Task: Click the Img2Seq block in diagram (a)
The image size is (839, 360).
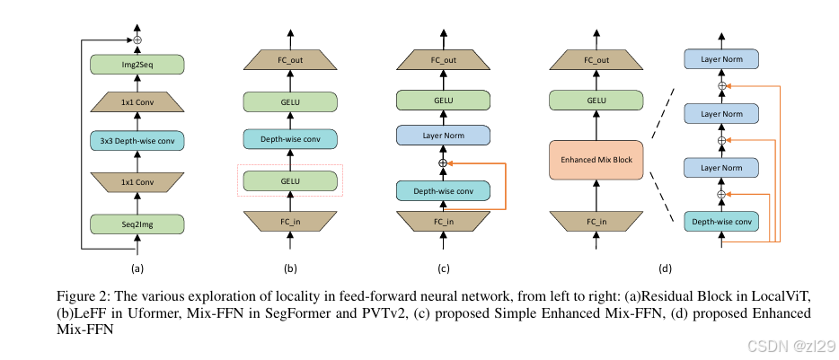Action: click(x=137, y=64)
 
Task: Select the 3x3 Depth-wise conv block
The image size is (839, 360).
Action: click(x=137, y=141)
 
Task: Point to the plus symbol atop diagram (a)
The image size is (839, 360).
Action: click(x=137, y=40)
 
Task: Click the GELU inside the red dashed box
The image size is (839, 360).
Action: click(x=289, y=180)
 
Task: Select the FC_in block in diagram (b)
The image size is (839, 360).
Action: click(x=289, y=220)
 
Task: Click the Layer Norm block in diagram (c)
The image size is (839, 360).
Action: click(x=441, y=136)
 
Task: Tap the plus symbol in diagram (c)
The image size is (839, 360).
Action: click(x=441, y=163)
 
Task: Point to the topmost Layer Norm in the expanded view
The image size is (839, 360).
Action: click(x=720, y=59)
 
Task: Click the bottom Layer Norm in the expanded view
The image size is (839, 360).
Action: click(x=720, y=168)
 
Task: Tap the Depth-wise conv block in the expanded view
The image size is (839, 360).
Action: click(x=720, y=221)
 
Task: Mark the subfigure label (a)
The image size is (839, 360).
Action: click(x=137, y=268)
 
